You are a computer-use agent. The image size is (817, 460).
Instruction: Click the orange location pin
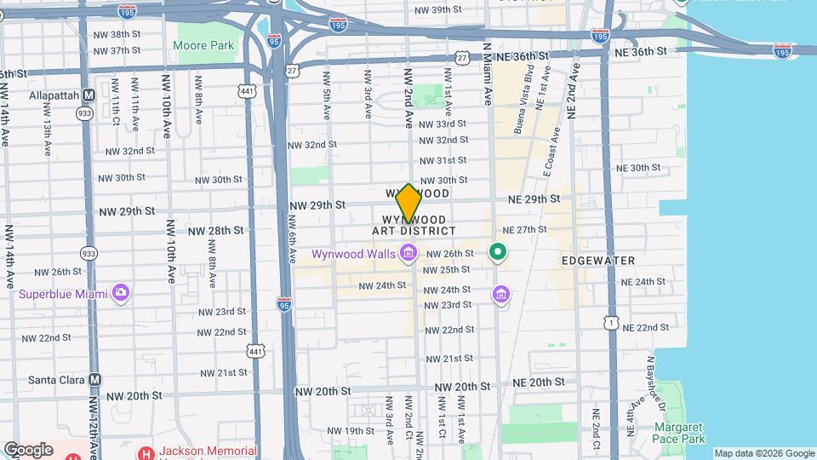point(408,203)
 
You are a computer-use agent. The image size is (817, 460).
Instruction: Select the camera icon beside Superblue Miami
point(121,293)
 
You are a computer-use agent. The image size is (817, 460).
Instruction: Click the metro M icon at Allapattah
point(89,95)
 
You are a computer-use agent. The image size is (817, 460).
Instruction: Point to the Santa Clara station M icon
point(95,379)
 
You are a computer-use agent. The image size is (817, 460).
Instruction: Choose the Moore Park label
point(203,44)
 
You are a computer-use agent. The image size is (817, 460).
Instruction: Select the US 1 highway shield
point(610,322)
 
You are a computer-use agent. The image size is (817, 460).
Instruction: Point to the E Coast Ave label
point(551,152)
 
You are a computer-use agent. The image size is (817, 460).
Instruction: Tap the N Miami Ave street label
point(487,74)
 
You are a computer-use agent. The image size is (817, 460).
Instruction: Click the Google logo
point(28,449)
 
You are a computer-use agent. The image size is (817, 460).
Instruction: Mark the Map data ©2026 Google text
point(763,453)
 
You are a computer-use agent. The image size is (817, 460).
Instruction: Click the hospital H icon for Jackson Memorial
point(146,452)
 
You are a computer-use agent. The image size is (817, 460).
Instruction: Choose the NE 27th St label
point(524,230)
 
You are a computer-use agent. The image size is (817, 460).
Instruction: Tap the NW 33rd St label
point(443,124)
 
